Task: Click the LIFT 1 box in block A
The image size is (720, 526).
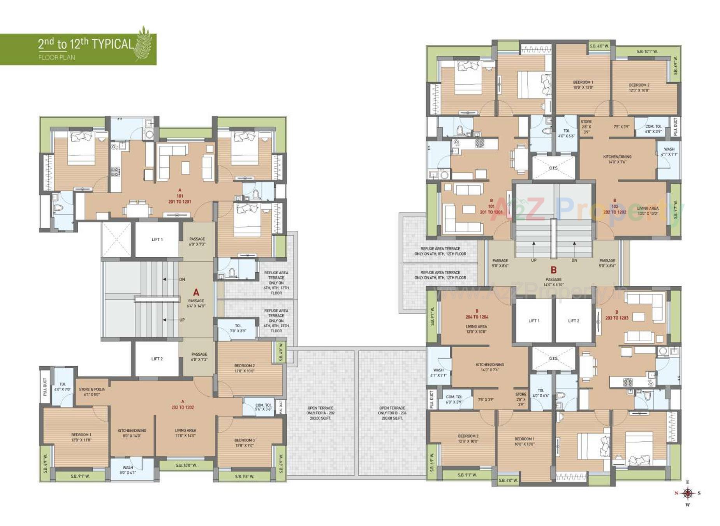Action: [x=157, y=239]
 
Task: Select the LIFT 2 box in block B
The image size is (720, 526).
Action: [x=573, y=321]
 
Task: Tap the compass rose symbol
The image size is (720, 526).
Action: [x=688, y=493]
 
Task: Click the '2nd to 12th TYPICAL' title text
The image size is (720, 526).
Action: [x=86, y=44]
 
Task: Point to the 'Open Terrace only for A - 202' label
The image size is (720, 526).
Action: [x=320, y=413]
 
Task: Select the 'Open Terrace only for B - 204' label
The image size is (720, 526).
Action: [x=392, y=413]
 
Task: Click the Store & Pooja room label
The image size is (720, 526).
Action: [x=92, y=392]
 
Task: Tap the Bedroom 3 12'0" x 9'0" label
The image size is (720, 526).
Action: [x=245, y=443]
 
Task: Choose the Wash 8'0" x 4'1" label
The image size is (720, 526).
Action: [x=128, y=470]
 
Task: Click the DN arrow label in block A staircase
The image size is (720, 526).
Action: [x=181, y=279]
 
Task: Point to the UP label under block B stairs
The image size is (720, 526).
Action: [x=533, y=260]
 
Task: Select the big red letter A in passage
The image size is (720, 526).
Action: [x=196, y=292]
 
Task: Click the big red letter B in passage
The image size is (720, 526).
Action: [x=553, y=270]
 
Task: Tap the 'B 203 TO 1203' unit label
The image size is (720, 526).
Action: [x=616, y=315]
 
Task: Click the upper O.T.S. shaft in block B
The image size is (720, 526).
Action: [x=553, y=168]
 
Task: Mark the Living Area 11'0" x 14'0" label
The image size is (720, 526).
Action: [x=185, y=433]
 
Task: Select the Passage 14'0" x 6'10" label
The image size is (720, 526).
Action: [x=553, y=282]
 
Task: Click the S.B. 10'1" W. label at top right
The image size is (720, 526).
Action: [x=647, y=51]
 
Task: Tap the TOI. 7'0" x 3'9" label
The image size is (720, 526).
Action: [x=238, y=328]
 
